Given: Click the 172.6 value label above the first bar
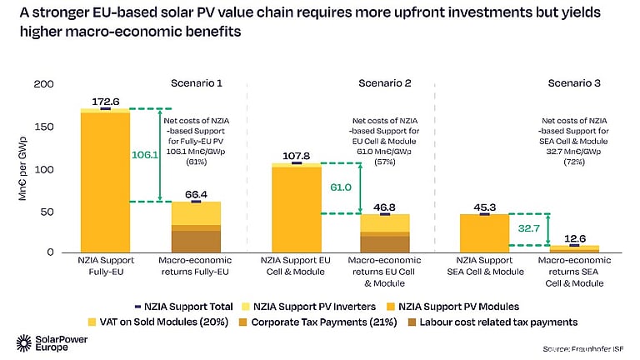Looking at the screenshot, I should pos(104,100).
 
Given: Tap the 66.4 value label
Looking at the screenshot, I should pos(196,193).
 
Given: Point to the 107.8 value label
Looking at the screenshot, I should pos(297,155).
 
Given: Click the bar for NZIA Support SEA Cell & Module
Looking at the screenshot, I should pos(484,232).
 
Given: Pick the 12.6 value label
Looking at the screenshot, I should pos(576,237).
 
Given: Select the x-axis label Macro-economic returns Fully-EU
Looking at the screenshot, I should pos(196,266).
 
